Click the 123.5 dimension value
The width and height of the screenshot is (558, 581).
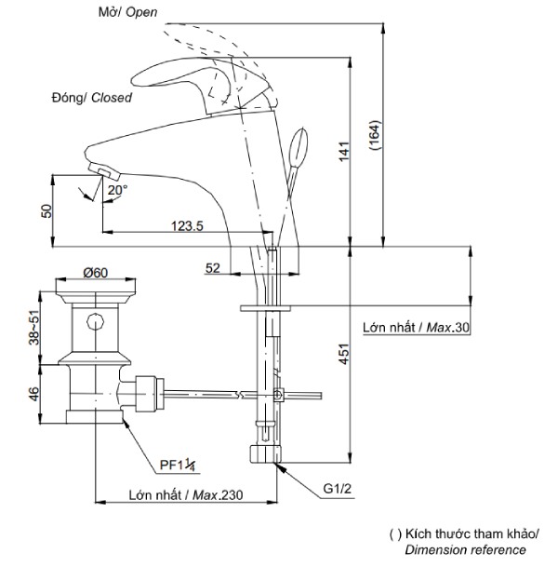(x=187, y=225)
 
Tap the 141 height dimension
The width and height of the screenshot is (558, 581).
(x=344, y=151)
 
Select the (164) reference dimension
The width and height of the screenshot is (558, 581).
(x=375, y=134)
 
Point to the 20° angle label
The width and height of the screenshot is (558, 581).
(x=117, y=190)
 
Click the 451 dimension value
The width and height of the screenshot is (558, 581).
(x=344, y=354)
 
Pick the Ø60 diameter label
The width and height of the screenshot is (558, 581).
(x=96, y=273)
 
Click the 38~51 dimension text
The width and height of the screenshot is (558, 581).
(x=33, y=327)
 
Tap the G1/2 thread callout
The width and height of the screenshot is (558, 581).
(x=337, y=489)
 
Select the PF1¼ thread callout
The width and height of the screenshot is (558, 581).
(x=178, y=465)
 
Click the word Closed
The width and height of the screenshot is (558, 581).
(x=112, y=98)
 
